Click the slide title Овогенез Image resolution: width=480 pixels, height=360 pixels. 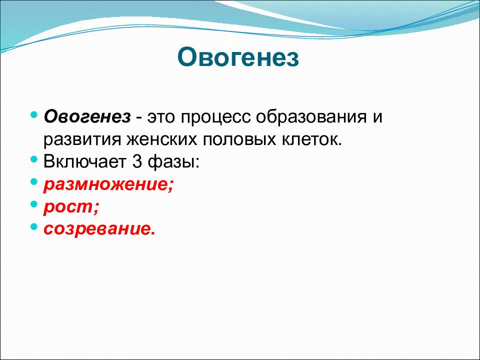238,57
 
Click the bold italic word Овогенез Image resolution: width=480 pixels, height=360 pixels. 87,117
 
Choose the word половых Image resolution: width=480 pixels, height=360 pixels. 239,140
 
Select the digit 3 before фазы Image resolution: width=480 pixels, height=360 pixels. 137,162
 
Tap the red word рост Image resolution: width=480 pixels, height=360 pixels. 71,207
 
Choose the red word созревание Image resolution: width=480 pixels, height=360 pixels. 99,229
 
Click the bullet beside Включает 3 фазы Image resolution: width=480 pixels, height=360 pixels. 34,159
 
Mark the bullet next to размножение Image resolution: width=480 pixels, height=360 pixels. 34,182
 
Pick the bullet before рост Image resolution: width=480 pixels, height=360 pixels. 34,204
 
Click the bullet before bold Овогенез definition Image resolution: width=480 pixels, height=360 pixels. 34,115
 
